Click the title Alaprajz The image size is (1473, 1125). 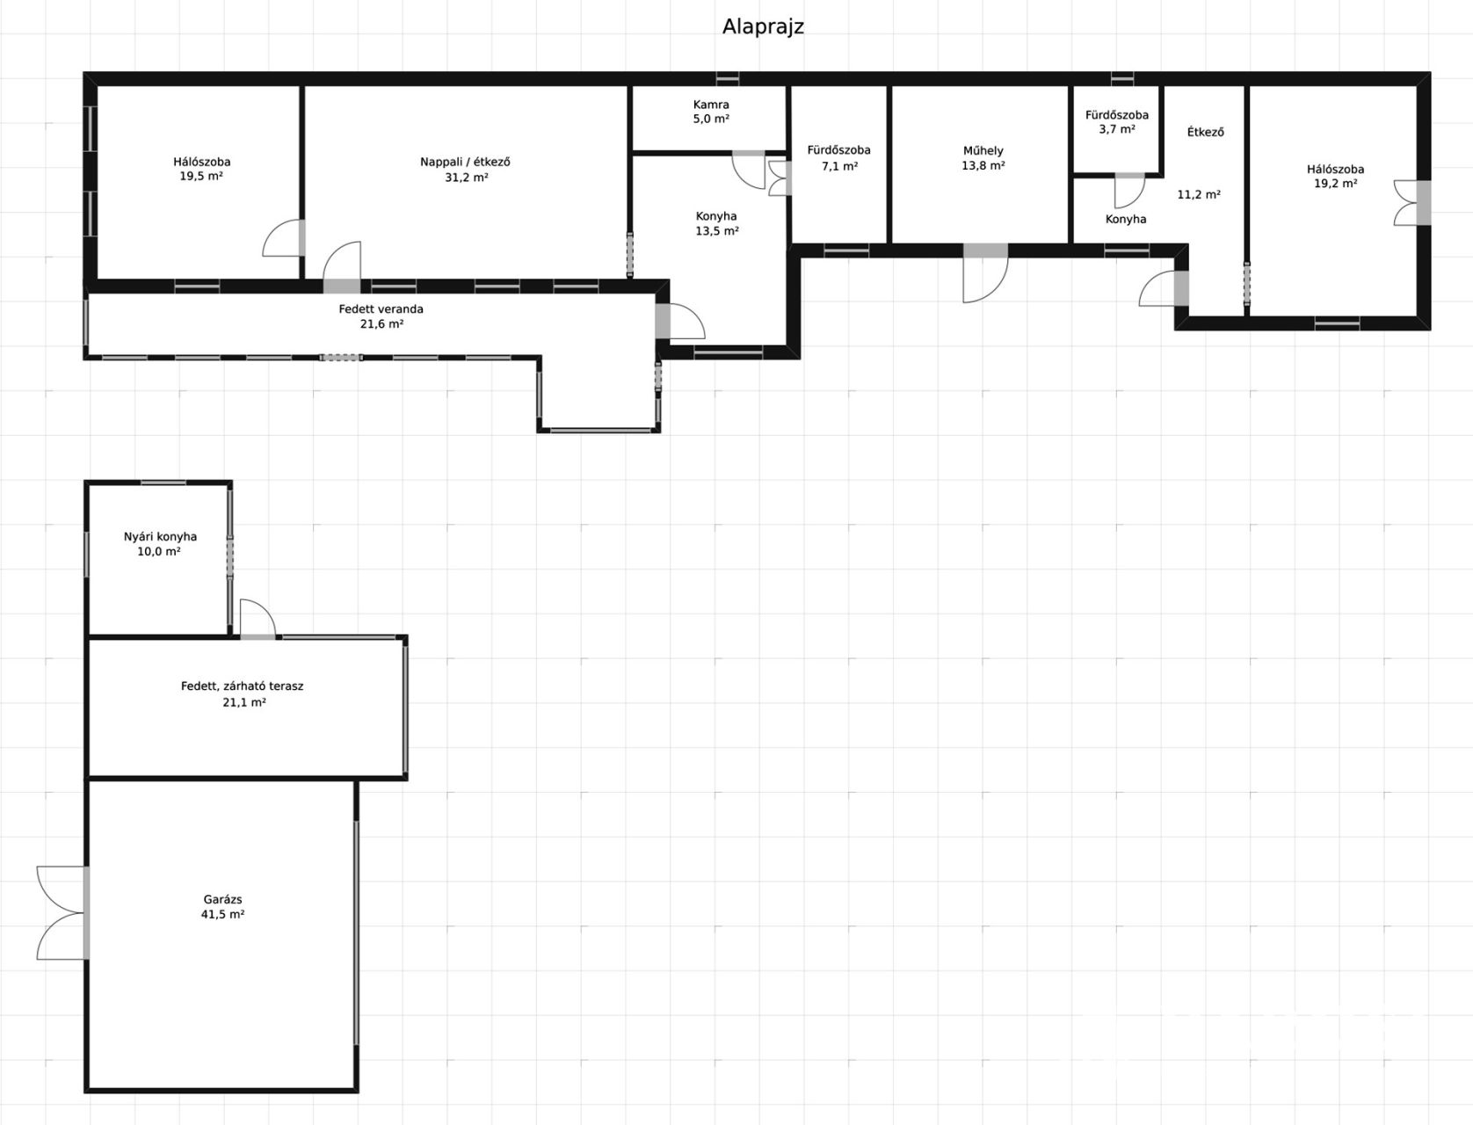(x=763, y=27)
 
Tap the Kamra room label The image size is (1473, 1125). (x=711, y=105)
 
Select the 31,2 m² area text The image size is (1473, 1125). (x=467, y=178)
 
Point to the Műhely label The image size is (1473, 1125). (x=983, y=151)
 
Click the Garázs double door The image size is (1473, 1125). (x=62, y=912)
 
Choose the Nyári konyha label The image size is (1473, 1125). (x=160, y=537)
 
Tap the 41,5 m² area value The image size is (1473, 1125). (x=222, y=914)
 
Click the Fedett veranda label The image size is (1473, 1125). (x=381, y=309)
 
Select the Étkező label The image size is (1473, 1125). (x=1205, y=132)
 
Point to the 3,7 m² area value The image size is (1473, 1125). (x=1117, y=129)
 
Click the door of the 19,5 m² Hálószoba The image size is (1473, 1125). (x=284, y=238)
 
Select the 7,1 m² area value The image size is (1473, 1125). (x=839, y=166)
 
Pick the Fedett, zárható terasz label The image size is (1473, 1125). (x=243, y=686)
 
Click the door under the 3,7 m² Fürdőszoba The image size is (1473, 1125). (x=1130, y=192)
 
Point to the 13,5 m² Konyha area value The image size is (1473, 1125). (x=716, y=231)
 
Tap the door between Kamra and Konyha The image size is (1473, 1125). (x=748, y=170)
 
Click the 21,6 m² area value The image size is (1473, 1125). (x=381, y=324)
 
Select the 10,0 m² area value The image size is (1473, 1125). (x=159, y=552)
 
